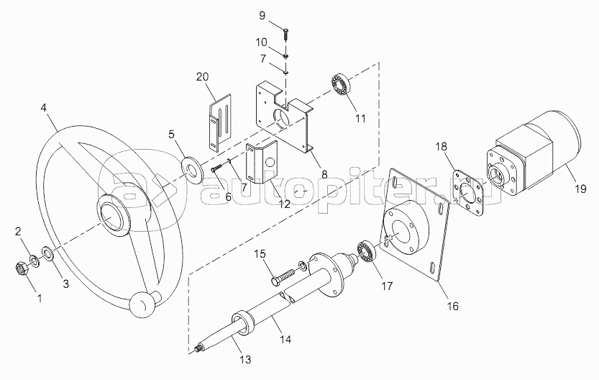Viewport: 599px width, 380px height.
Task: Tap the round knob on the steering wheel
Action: click(141, 304)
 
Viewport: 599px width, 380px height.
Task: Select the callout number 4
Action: click(44, 107)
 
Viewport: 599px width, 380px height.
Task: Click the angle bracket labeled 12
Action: click(261, 163)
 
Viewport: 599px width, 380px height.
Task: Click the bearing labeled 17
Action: click(367, 252)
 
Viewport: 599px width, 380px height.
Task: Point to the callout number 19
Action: click(580, 189)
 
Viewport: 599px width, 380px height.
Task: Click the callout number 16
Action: click(453, 306)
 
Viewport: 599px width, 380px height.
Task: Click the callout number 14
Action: click(285, 339)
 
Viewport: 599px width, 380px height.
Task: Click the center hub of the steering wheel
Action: click(114, 215)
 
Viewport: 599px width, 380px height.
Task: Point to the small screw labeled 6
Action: click(217, 167)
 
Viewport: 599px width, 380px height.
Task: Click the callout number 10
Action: click(267, 42)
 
